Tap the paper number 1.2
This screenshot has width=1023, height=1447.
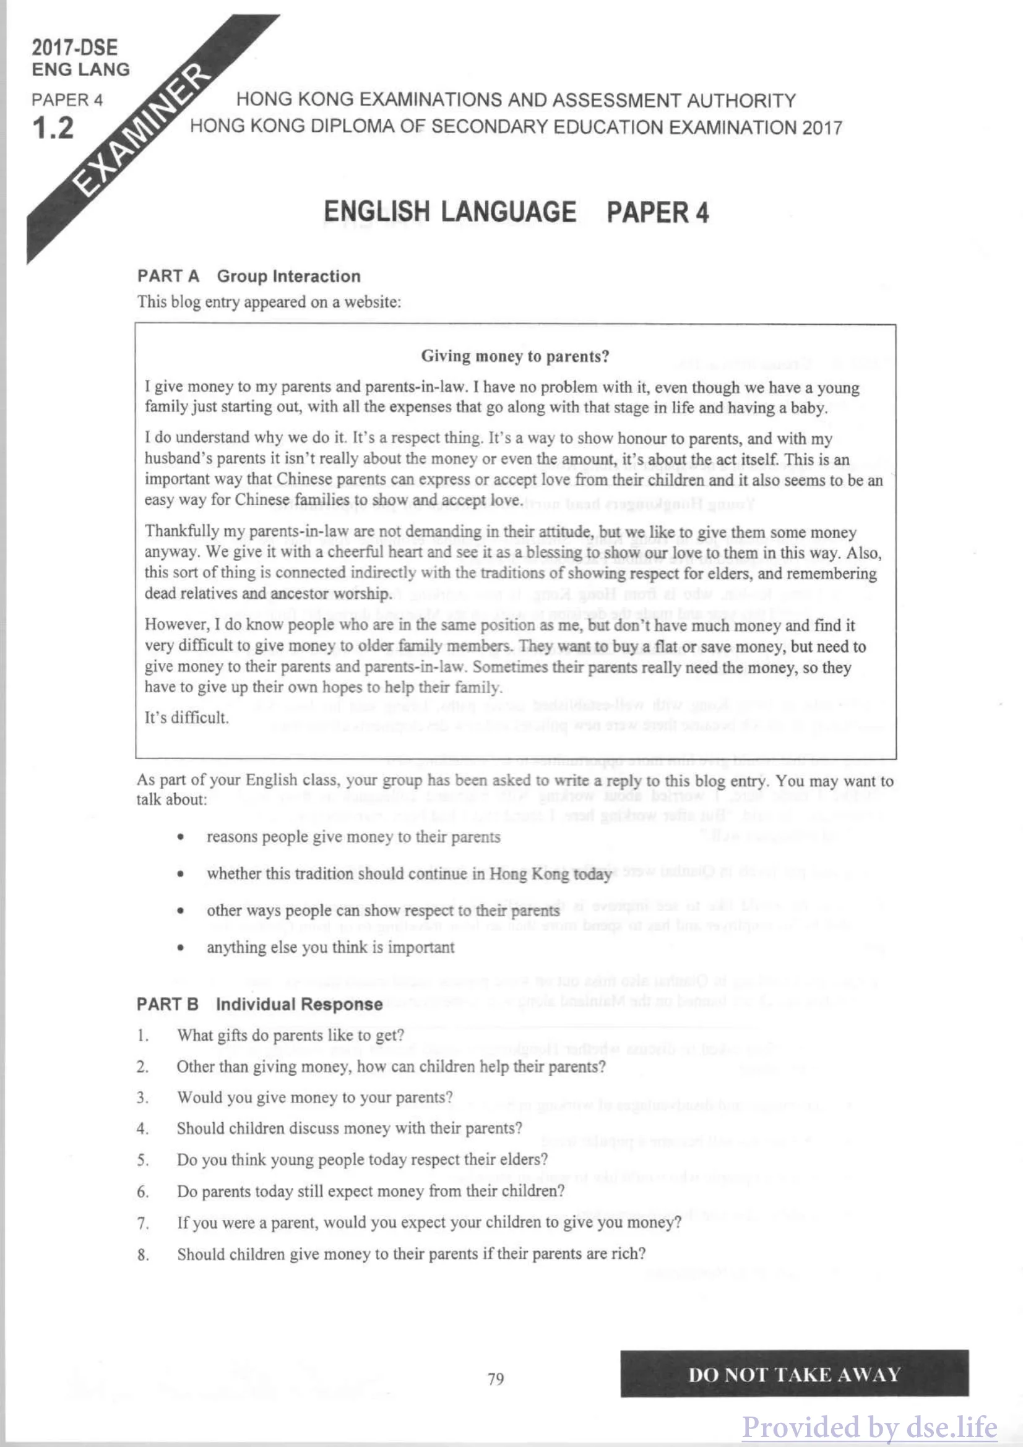(x=53, y=128)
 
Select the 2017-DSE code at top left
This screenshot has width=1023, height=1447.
(x=74, y=48)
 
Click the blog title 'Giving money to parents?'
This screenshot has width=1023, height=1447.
(x=515, y=357)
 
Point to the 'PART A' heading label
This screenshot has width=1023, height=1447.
(x=168, y=276)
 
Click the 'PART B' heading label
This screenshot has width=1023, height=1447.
(x=167, y=1004)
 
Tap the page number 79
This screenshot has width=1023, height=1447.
(x=496, y=1379)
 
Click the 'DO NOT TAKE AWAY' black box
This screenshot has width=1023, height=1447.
(x=793, y=1374)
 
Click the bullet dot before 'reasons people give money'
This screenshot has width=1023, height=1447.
(x=181, y=838)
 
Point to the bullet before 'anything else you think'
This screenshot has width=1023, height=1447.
(x=181, y=948)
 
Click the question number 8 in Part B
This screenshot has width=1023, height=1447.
(x=143, y=1254)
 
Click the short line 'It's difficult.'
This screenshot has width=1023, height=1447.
(x=186, y=717)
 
